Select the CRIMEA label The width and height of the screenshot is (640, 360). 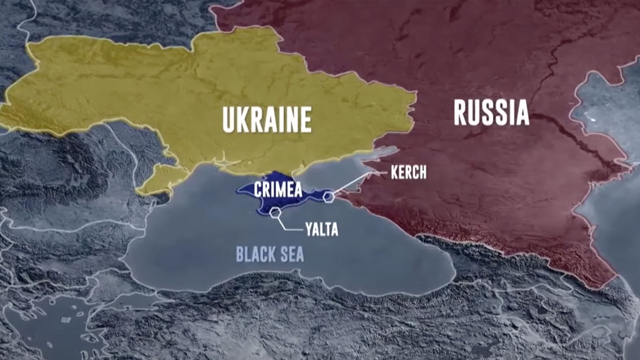click(278, 189)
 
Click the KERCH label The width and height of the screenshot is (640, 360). click(408, 172)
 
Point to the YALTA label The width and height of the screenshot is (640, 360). click(322, 229)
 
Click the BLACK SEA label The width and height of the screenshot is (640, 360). click(270, 254)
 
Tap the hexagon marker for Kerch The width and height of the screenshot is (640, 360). click(329, 197)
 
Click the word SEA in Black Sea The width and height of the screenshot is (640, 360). click(292, 254)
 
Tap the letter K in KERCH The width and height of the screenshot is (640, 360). click(395, 172)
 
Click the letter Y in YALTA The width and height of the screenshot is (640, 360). click(309, 229)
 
